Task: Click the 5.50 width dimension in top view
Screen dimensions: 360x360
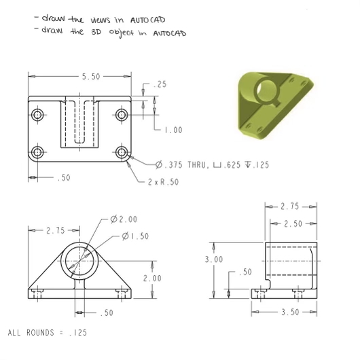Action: [90, 77]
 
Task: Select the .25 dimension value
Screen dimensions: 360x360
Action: [161, 84]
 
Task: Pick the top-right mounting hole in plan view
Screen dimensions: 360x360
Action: [122, 113]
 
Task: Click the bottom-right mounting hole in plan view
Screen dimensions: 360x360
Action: [122, 151]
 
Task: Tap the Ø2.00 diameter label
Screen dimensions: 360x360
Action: [124, 219]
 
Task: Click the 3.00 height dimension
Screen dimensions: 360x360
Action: [213, 259]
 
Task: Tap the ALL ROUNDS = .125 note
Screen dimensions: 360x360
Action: [48, 334]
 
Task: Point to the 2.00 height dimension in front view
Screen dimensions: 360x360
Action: [152, 278]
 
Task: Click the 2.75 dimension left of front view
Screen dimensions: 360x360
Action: [55, 231]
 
